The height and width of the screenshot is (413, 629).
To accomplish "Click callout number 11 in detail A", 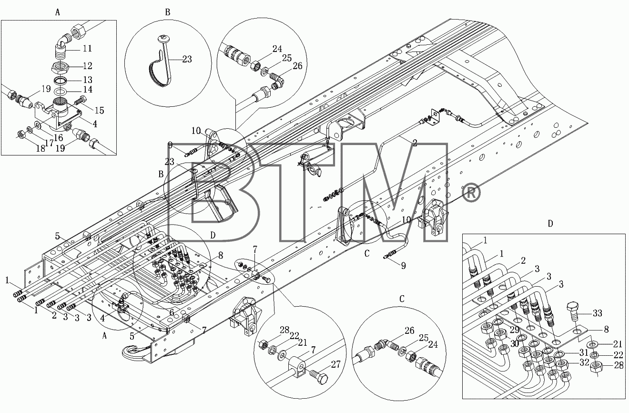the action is click(87, 48).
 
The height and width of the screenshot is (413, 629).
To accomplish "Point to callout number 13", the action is click(88, 80).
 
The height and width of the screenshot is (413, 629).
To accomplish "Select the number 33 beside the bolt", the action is click(598, 313).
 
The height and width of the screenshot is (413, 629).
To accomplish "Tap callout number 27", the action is click(335, 364).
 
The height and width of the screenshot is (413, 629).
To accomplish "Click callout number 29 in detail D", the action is click(515, 330).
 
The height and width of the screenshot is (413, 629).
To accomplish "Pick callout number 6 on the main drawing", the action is click(172, 312).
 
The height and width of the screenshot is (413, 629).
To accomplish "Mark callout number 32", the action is click(584, 362).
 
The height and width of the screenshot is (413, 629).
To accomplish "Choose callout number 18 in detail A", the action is click(41, 148).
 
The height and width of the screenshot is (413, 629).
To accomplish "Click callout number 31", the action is click(584, 352).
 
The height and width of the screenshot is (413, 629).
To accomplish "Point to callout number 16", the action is click(59, 137).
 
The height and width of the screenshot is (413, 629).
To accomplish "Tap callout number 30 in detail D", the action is click(515, 343).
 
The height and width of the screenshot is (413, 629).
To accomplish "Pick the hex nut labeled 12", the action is click(60, 67).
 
